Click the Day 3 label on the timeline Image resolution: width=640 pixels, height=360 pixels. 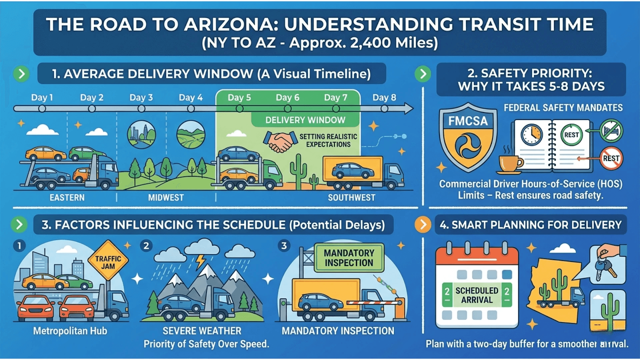pos(141,98)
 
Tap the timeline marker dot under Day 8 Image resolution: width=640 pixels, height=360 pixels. pos(384,108)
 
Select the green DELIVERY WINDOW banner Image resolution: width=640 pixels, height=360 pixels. pos(305,120)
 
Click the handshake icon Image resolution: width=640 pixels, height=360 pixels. pos(280,142)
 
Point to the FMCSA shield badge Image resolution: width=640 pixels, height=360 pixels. pos(468,137)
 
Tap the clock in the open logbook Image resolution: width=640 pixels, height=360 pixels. pos(532,134)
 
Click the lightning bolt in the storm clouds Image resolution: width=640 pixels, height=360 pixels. pos(200,262)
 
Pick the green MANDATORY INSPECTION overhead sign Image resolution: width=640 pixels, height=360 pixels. pos(349,258)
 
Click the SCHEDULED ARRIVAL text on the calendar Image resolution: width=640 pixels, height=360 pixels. pos(477,295)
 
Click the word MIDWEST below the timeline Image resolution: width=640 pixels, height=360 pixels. pos(166,198)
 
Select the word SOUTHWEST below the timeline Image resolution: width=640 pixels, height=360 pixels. pos(352,198)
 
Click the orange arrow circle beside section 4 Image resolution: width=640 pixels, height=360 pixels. pos(423,224)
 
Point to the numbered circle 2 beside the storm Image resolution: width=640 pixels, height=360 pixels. pos(146,246)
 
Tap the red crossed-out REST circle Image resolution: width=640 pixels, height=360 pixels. pos(611,158)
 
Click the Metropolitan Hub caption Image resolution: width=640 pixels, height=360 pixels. pos(70,331)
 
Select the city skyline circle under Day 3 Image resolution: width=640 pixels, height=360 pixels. pos(142,134)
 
